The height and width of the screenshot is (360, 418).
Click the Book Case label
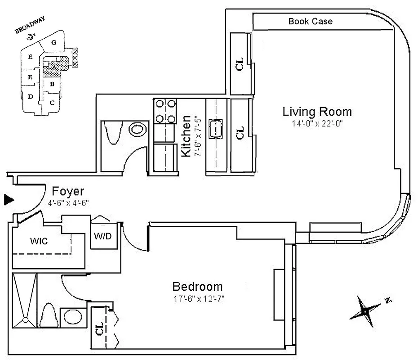coord(310,21)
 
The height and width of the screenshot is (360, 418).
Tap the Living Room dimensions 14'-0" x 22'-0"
coord(317,125)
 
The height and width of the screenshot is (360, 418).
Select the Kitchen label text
coord(185,136)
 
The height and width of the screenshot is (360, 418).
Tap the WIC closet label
coord(39,241)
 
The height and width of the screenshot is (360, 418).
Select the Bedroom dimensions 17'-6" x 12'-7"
coord(198,299)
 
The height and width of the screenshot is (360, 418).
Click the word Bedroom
coord(198,287)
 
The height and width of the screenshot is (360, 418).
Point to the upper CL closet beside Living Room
coord(239,64)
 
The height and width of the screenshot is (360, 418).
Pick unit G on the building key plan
coord(53,43)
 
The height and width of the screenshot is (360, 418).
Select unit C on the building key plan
coord(52,103)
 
